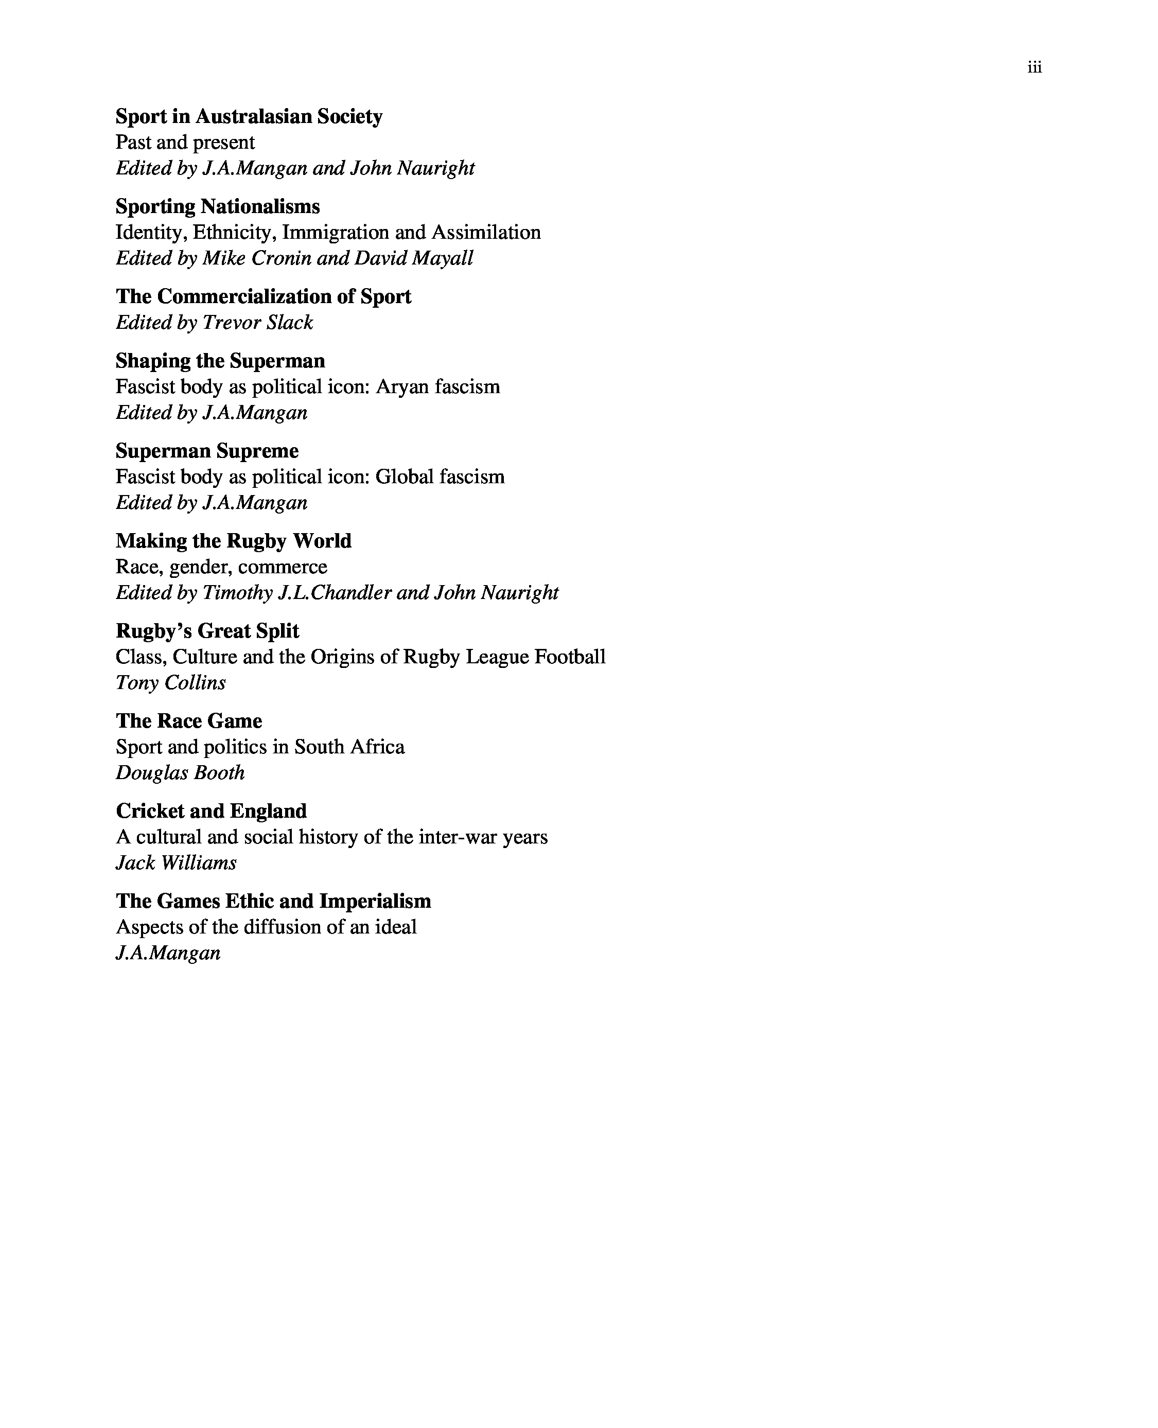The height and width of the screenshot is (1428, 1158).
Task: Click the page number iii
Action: point(1034,67)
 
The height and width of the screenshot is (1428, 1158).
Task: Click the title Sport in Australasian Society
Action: point(249,116)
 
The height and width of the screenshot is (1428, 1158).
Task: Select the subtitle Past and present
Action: point(185,142)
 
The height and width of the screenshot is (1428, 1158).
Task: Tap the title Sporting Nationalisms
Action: point(218,206)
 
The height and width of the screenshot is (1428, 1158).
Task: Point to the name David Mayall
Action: point(414,258)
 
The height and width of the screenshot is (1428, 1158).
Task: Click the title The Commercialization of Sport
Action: point(264,296)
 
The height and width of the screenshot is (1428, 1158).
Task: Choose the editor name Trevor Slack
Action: point(257,322)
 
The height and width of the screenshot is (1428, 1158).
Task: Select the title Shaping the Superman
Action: point(220,361)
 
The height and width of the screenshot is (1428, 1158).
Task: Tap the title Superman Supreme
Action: point(207,451)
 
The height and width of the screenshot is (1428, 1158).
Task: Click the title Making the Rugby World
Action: point(234,541)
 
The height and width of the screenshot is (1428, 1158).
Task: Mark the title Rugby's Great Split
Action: point(207,631)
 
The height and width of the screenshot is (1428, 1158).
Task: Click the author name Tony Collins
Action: point(171,683)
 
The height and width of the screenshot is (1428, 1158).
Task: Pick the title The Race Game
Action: point(189,721)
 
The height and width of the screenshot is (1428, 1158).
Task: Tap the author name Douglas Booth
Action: point(180,773)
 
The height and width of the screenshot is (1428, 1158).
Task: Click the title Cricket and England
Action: point(212,811)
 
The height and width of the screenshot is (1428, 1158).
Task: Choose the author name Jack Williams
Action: point(176,863)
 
